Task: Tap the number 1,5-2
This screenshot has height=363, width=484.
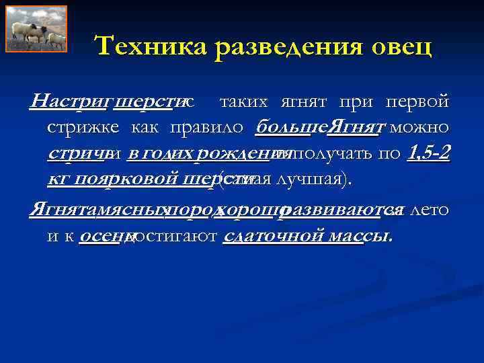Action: [x=429, y=153]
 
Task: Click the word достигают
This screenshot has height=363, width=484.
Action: [x=175, y=237]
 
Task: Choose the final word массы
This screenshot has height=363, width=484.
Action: [x=366, y=237]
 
